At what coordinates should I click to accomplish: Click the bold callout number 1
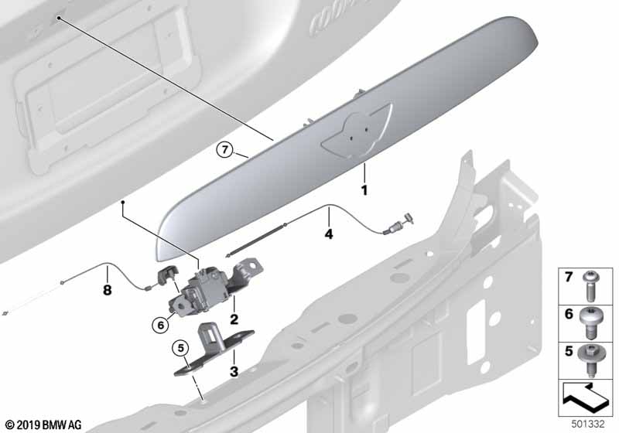[364, 190]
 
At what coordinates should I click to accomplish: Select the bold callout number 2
[234, 319]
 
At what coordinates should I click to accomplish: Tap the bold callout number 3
[234, 371]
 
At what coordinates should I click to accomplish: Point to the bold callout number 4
[328, 234]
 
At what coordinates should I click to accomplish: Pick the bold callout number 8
[107, 290]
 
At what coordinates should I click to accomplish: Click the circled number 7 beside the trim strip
[224, 150]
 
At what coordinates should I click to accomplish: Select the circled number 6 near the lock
[160, 326]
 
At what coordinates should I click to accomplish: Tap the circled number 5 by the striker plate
[181, 348]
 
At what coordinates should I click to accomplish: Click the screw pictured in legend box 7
[591, 285]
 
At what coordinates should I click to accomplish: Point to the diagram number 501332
[588, 424]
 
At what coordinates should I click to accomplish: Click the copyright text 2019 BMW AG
[43, 425]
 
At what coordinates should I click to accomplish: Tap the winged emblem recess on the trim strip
[357, 133]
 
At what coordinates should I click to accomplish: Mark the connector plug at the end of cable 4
[398, 224]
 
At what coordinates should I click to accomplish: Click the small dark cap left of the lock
[168, 274]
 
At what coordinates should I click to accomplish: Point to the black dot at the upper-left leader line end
[58, 18]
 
